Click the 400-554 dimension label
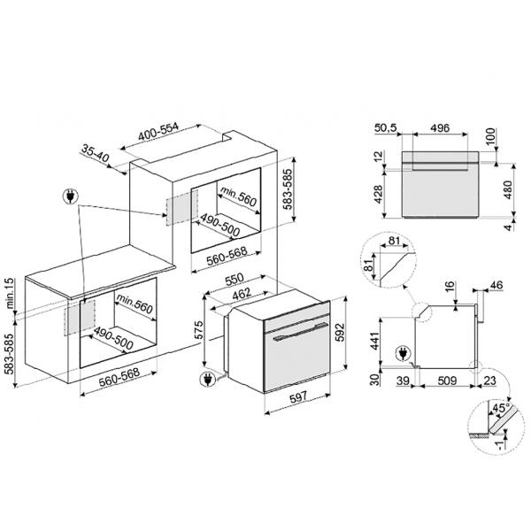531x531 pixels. (x=158, y=131)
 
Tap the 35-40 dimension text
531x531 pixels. (x=96, y=153)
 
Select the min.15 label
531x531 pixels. (x=10, y=293)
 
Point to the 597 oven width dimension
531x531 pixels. (x=297, y=397)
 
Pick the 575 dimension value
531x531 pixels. (x=198, y=330)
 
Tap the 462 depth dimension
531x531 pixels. (x=241, y=294)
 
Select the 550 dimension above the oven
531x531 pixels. (x=235, y=280)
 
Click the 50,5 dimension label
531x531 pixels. (x=385, y=128)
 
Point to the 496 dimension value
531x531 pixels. (x=440, y=127)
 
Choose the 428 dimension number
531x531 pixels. (x=378, y=195)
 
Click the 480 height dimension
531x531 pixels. (x=508, y=189)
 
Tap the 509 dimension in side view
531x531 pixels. (x=447, y=381)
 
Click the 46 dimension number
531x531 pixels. (x=496, y=285)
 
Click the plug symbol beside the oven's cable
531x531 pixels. (x=207, y=379)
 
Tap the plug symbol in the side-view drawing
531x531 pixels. (x=403, y=353)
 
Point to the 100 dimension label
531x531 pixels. (x=490, y=136)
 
